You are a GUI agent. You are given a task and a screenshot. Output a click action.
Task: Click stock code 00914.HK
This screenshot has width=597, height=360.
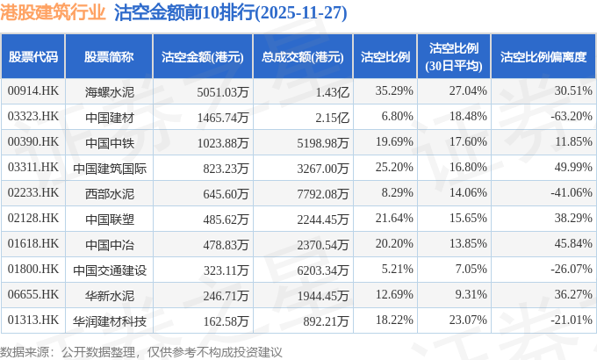click(x=32, y=90)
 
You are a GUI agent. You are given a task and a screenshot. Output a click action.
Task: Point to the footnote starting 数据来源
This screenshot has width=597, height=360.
click(x=140, y=351)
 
